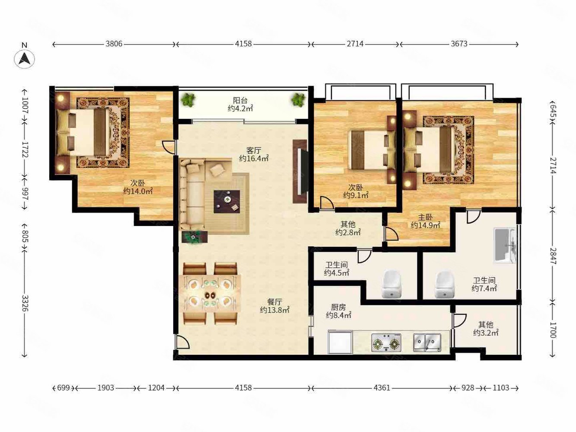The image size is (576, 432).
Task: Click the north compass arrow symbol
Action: coord(24,58)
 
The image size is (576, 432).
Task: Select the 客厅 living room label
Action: coord(254,150)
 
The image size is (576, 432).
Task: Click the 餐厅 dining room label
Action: coord(274,302)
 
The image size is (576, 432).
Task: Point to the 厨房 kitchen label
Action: coord(338,307)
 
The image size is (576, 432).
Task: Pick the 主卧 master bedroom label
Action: coord(425,217)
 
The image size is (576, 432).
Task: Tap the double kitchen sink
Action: coord(427,343)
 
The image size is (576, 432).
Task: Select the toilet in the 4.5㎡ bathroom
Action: coord(391,285)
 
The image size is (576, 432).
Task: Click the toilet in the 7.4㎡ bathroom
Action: coord(445,285)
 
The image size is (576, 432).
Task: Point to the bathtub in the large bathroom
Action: coord(505,245)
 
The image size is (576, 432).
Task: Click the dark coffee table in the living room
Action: coord(227,202)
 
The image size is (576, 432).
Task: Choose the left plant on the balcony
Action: coord(188,100)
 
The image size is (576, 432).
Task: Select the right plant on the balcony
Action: coord(298,100)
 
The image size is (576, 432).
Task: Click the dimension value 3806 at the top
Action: coord(114,44)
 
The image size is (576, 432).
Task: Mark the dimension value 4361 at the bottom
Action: coord(382,388)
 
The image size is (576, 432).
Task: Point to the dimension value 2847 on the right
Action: coord(553,256)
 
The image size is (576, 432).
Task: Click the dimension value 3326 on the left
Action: coord(25,303)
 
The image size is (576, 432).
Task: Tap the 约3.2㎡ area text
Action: coord(486,333)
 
